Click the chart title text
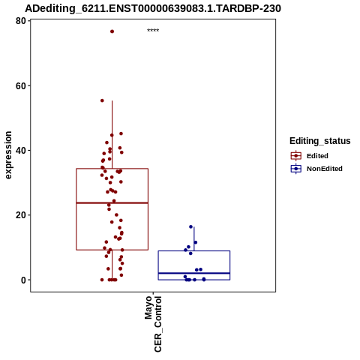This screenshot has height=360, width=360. [153, 8]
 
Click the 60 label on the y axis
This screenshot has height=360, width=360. [21, 85]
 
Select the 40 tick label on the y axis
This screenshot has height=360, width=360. [21, 151]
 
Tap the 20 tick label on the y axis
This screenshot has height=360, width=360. [21, 215]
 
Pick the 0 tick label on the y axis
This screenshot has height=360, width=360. [23, 280]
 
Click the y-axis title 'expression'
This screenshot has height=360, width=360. [8, 155]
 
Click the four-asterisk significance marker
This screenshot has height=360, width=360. [153, 31]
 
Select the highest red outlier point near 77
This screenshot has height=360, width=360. [112, 31]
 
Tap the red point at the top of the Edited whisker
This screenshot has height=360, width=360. [102, 100]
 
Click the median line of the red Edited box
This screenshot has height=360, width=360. [112, 202]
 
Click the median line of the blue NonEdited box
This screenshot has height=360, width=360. [194, 273]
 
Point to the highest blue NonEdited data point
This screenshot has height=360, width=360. [190, 226]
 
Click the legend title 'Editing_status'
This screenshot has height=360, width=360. [320, 141]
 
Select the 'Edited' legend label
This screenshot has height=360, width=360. [317, 156]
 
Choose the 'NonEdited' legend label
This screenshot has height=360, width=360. [325, 169]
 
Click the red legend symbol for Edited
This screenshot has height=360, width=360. [296, 156]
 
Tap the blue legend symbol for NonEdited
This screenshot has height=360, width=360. [296, 169]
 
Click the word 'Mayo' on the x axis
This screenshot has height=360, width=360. [148, 307]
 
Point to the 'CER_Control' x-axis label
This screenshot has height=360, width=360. [158, 324]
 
